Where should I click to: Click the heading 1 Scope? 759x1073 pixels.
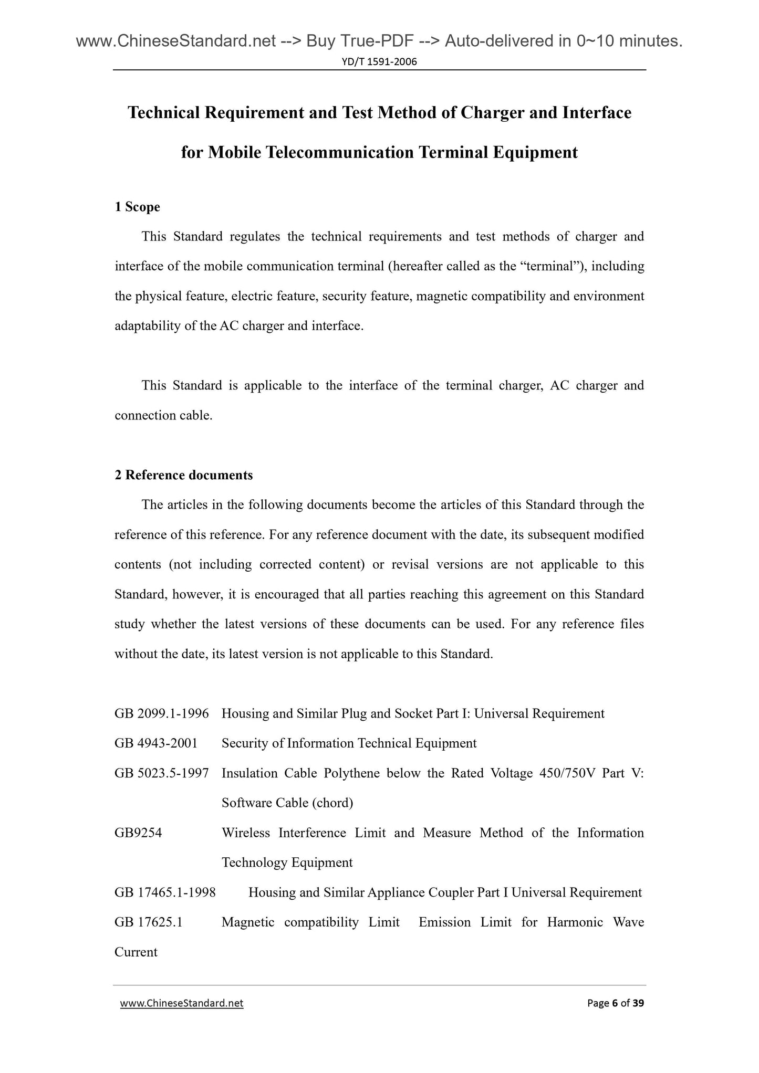point(137,207)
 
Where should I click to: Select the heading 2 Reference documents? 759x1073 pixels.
point(183,475)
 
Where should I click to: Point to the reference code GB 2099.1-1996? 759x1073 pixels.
point(161,713)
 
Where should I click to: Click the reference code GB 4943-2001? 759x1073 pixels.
point(156,743)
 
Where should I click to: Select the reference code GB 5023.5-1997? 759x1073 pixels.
point(161,773)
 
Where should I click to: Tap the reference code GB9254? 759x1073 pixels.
point(138,833)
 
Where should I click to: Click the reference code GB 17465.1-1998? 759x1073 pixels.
point(165,892)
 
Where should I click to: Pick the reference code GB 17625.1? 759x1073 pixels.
point(148,922)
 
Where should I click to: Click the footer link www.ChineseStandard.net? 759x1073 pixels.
point(182,1003)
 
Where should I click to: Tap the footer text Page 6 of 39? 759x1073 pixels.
point(616,1003)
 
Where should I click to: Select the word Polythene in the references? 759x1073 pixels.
point(351,773)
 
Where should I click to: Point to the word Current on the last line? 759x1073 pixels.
point(136,952)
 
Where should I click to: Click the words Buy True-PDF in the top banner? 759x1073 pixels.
point(356,40)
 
